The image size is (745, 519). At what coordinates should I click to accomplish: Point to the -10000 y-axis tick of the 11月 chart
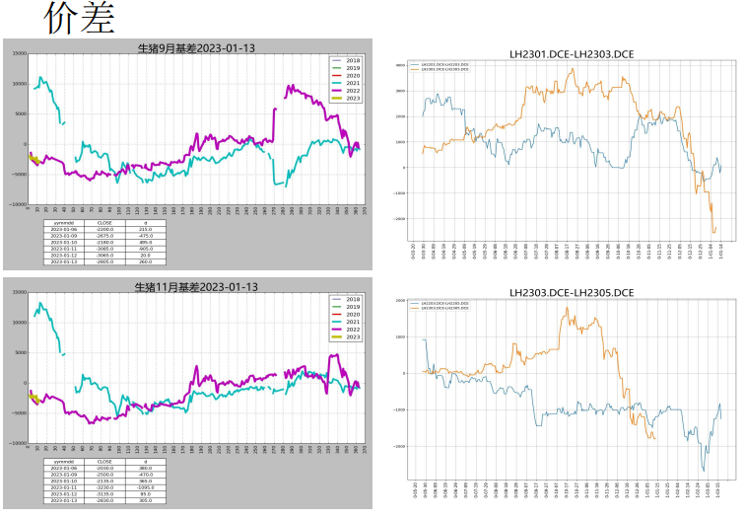coord(16,443)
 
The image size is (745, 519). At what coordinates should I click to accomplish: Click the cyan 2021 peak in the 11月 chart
coord(40,303)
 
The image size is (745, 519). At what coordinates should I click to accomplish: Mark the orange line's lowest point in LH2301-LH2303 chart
coord(713,232)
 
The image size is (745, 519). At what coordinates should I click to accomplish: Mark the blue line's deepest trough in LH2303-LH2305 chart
coord(703,471)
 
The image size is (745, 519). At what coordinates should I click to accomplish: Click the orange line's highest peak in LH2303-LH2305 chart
coord(567,308)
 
